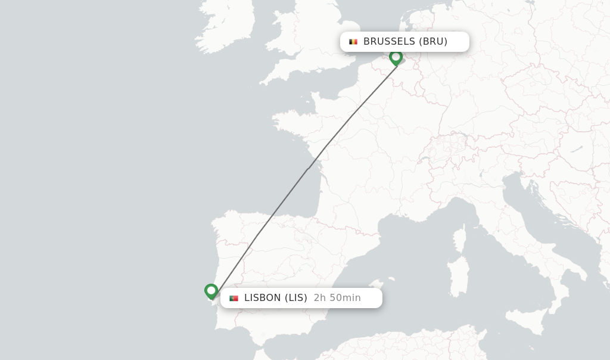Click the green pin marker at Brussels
[396, 57]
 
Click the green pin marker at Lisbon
[211, 291]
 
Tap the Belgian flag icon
[353, 42]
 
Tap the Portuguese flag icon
[234, 298]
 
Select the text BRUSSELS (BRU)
[405, 42]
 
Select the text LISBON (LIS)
[275, 298]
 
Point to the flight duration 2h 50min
[337, 298]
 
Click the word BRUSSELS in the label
[389, 42]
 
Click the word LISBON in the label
[262, 298]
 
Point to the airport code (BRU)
[433, 42]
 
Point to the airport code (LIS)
[295, 298]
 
